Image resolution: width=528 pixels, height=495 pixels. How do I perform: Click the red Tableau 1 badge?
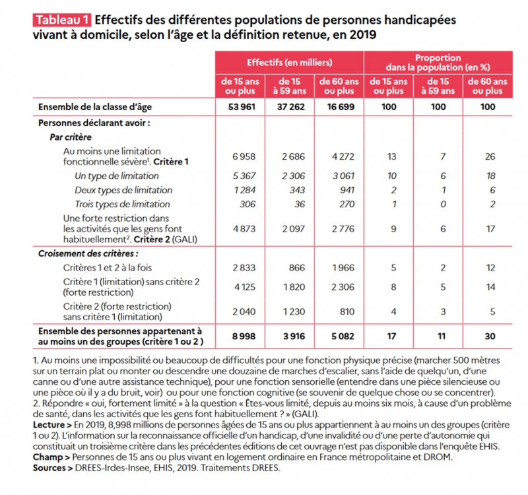pos(62,20)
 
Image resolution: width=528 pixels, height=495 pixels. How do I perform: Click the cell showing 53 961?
pos(242,107)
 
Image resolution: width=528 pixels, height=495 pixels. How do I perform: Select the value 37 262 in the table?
pos(291,107)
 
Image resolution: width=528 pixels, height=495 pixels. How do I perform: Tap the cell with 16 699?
pos(341,107)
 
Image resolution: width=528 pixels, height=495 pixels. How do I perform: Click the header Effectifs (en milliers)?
pos(290,62)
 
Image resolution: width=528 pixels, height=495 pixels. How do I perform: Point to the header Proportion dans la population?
pos(438,63)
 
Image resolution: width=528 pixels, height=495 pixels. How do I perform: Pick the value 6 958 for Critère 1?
pos(244,156)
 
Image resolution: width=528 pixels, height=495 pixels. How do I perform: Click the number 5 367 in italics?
pos(244,176)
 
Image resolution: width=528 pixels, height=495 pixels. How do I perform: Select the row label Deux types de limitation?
pos(123,190)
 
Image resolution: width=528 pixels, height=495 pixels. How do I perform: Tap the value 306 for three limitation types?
pos(247,204)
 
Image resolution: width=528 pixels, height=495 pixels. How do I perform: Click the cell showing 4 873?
pos(244,229)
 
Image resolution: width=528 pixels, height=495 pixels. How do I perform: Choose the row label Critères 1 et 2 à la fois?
pos(108,268)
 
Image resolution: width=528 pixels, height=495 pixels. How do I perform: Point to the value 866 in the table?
pos(297,268)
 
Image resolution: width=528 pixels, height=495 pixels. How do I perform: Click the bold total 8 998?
pos(244,336)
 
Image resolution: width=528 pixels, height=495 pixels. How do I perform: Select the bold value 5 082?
pos(343,336)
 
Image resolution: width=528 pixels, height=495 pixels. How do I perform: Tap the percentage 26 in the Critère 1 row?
pos(490,156)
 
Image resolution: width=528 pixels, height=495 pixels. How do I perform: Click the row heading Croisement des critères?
pos(88,253)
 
